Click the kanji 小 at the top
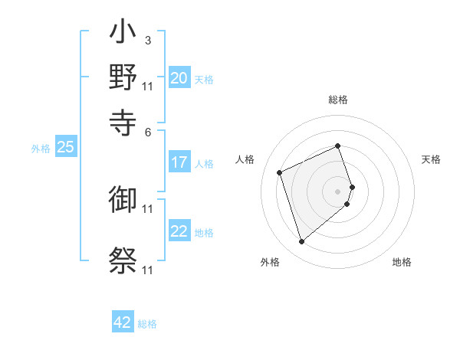tap(123, 34)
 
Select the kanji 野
tap(123, 77)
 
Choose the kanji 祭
tap(123, 260)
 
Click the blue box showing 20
tap(179, 78)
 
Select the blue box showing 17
tap(179, 162)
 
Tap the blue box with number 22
tap(179, 231)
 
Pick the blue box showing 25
tap(65, 148)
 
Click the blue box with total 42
tap(123, 322)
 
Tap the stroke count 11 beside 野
tap(148, 86)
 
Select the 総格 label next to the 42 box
tap(147, 324)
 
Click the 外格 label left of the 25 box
tap(41, 149)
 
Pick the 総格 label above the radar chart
tap(338, 100)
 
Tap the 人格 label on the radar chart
tap(245, 159)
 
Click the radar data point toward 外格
tap(301, 242)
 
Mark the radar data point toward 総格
tap(338, 146)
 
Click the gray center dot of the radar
tap(338, 191)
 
